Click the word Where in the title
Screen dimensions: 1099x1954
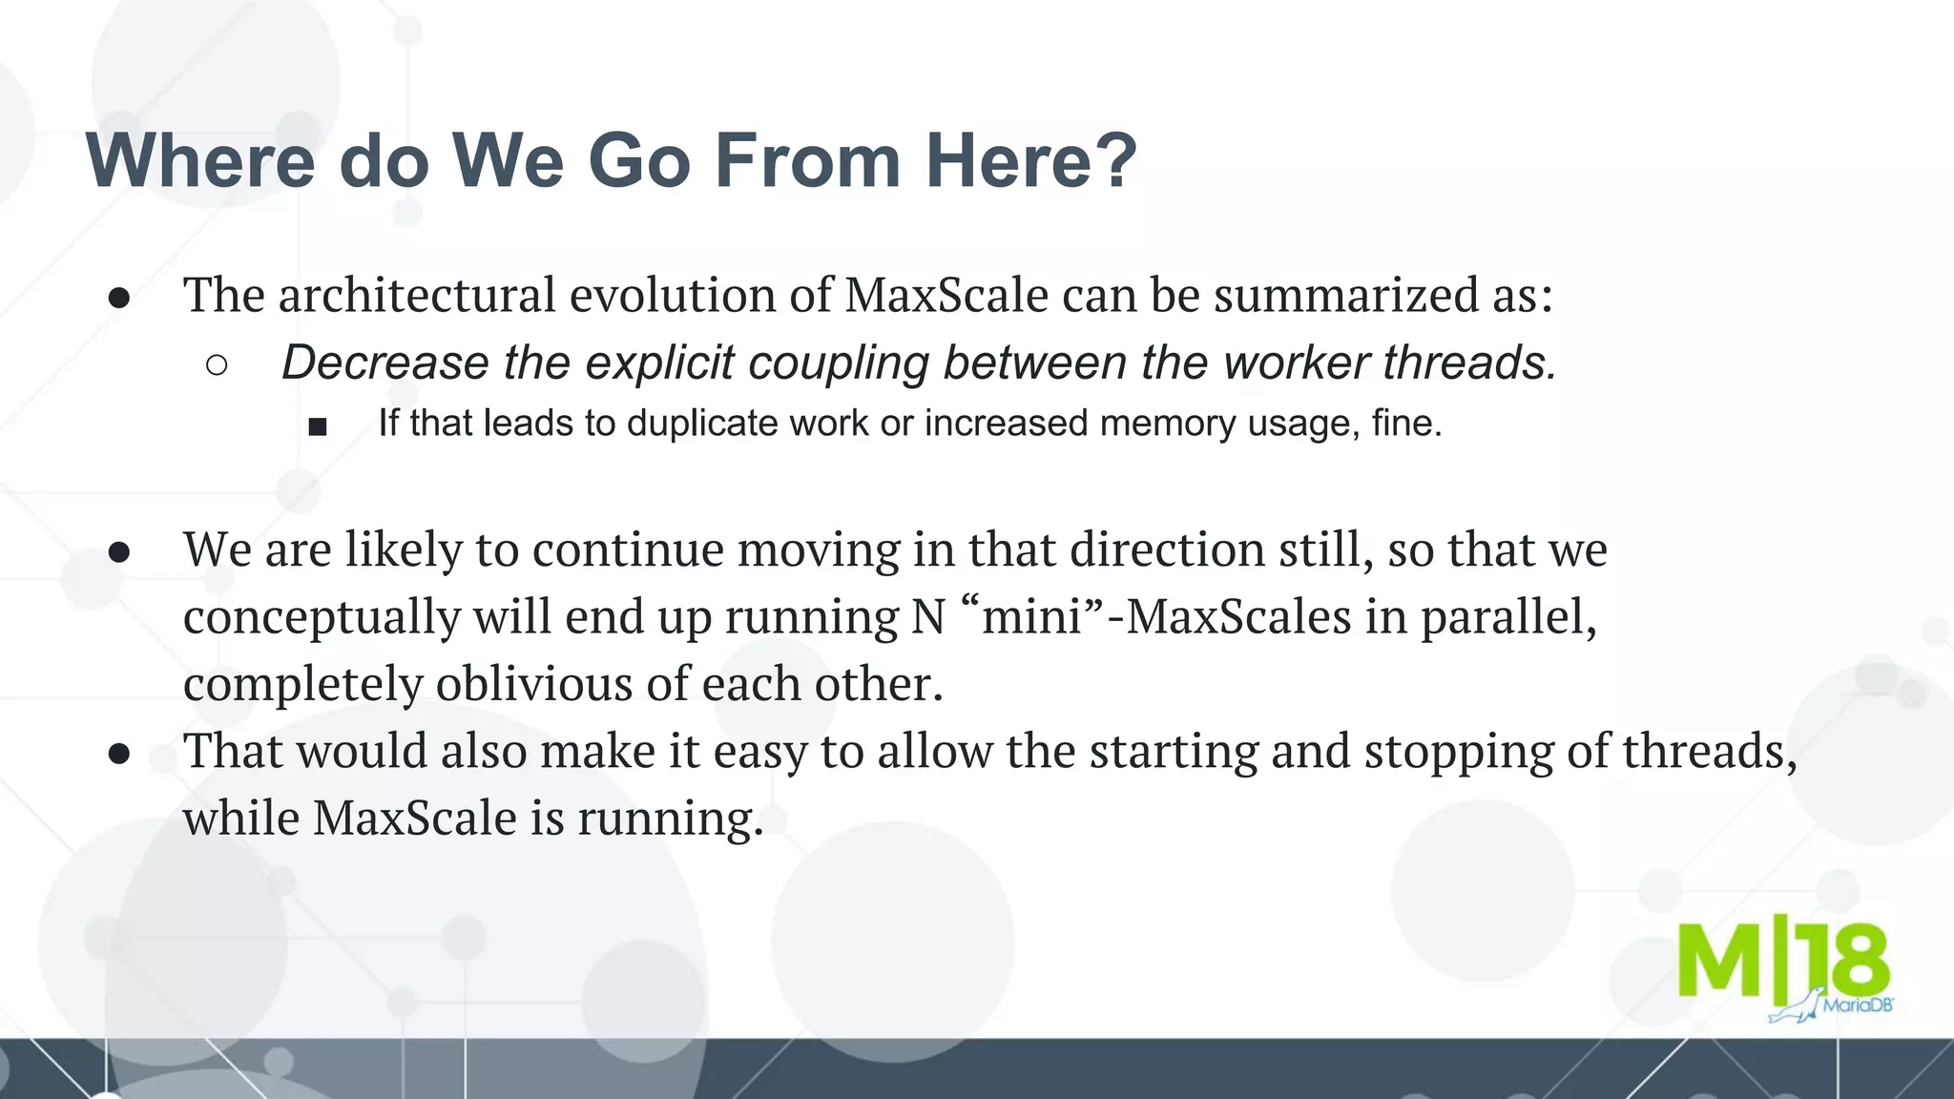click(200, 160)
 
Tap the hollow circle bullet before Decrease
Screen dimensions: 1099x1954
click(217, 365)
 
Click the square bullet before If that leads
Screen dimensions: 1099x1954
click(318, 426)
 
